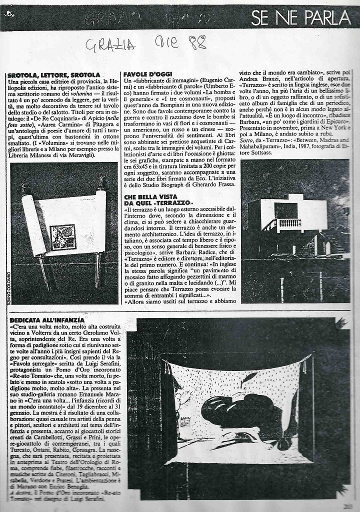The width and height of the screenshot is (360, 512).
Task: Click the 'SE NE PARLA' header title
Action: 301,18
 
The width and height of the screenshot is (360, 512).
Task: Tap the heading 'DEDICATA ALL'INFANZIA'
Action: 47,319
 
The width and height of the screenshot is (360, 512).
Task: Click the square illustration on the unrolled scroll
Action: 62,236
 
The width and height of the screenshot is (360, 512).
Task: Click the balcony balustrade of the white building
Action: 289,223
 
